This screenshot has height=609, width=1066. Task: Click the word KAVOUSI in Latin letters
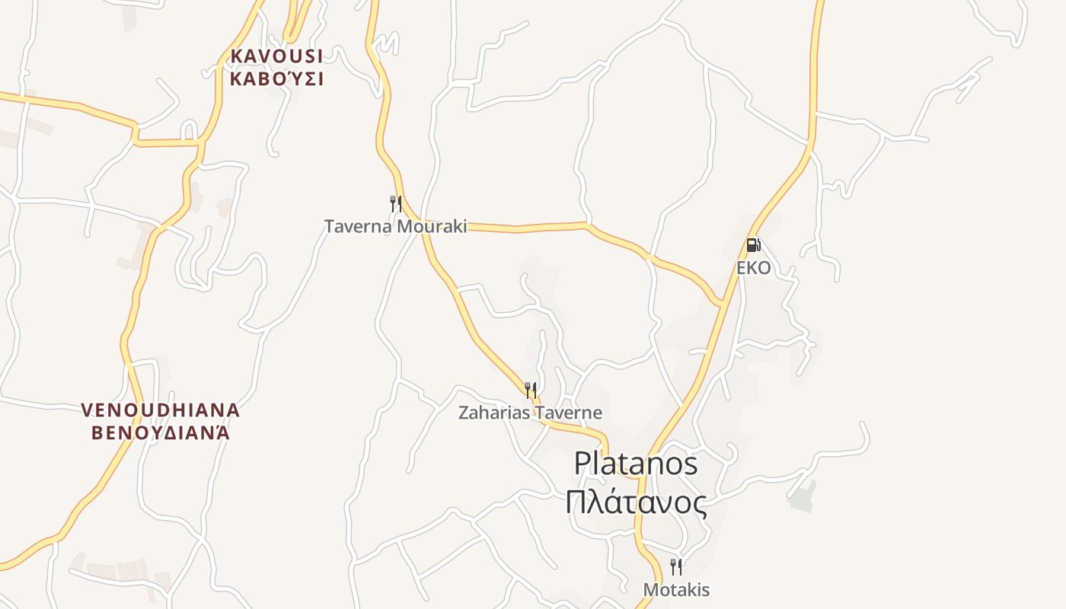pos(276,56)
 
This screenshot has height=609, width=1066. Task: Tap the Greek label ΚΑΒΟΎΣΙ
pos(276,78)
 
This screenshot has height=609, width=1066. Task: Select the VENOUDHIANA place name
pos(161,410)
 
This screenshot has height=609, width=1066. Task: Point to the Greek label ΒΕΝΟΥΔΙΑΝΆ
pos(161,433)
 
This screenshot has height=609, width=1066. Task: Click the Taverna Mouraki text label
pos(395,226)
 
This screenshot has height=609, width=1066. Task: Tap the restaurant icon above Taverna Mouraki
pos(395,203)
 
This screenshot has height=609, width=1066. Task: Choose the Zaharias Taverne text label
pos(530,413)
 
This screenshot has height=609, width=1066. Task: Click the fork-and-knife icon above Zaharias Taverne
pos(531,391)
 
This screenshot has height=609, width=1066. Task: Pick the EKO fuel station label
pos(753,268)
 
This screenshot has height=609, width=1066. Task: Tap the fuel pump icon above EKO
pos(753,245)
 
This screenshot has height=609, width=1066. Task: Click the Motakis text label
pos(676,590)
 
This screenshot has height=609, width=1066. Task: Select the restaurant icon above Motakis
pos(675,566)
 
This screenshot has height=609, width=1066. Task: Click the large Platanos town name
pos(636,463)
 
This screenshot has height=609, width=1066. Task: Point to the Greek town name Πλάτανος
pos(636,502)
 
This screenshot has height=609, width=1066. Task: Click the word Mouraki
pos(429,226)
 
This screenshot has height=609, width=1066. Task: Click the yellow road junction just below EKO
pos(722,305)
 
